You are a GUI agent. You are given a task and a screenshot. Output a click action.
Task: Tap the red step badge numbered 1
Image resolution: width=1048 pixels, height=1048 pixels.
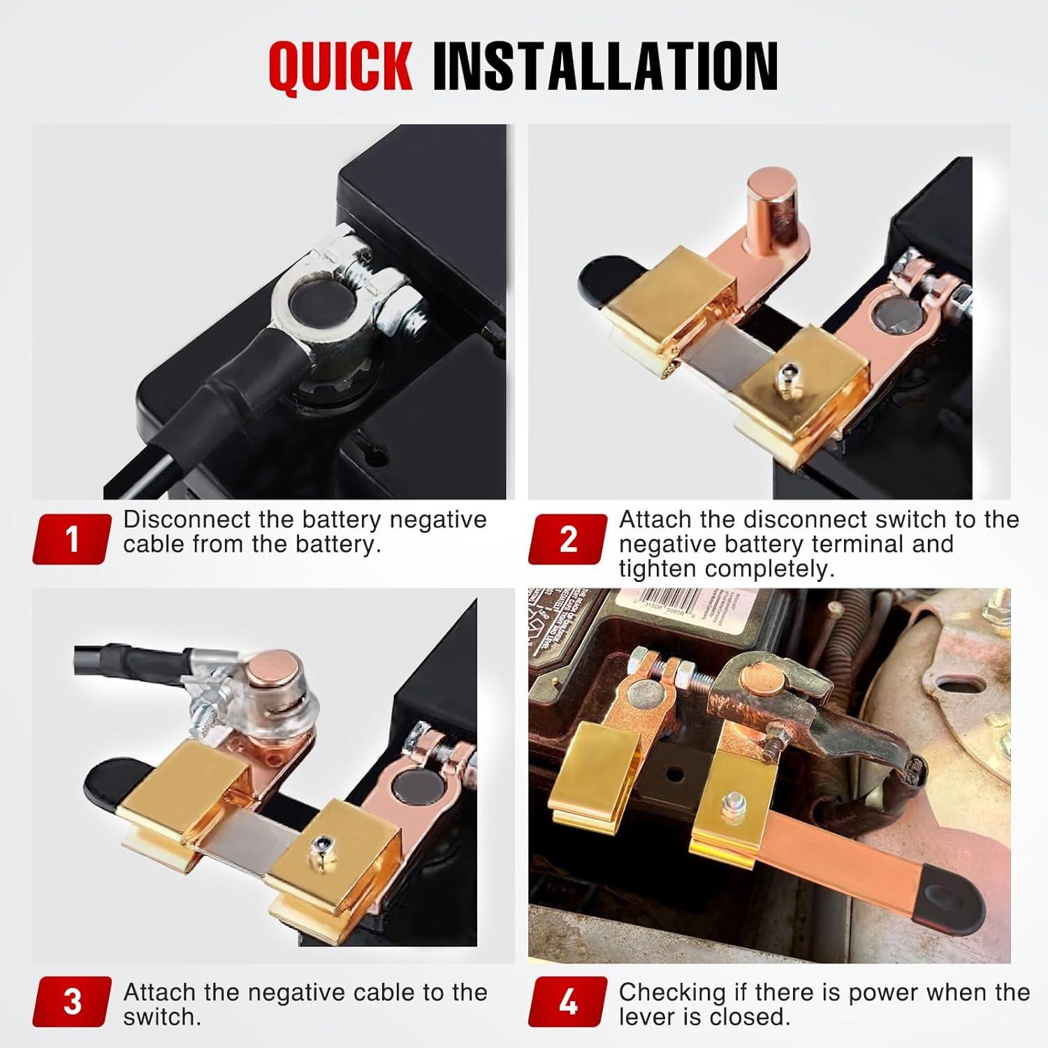click(x=72, y=539)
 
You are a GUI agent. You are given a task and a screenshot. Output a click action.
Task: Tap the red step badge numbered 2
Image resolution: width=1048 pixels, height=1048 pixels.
click(x=568, y=539)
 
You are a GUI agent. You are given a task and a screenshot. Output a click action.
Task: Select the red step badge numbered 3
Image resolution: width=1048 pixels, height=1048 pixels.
click(x=72, y=1001)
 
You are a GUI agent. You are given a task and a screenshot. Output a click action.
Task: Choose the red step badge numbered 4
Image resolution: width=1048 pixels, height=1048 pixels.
click(x=568, y=1001)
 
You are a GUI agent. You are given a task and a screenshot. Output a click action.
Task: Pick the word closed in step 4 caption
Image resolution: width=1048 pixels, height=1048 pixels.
click(x=749, y=1017)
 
